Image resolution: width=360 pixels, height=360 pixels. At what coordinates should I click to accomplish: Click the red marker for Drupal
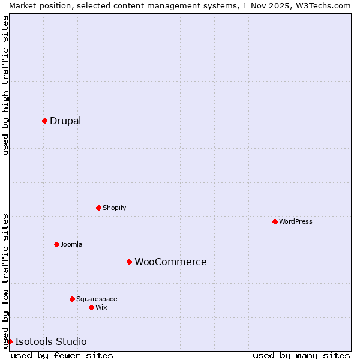pyautogui.click(x=44, y=121)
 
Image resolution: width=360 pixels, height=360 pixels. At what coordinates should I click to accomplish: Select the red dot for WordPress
pyautogui.click(x=275, y=221)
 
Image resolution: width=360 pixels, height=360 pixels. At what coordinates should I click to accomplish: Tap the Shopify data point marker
pyautogui.click(x=98, y=208)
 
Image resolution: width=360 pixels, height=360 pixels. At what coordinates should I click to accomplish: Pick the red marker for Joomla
pyautogui.click(x=56, y=244)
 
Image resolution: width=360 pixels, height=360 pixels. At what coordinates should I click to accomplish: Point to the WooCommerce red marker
pyautogui.click(x=129, y=262)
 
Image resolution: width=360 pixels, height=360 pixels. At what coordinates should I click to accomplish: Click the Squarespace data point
pyautogui.click(x=72, y=299)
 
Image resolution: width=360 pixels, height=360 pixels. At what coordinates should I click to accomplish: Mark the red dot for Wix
pyautogui.click(x=91, y=307)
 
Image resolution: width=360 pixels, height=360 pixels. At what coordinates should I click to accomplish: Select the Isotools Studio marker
pyautogui.click(x=10, y=341)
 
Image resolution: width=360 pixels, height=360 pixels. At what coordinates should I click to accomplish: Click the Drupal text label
pyautogui.click(x=65, y=121)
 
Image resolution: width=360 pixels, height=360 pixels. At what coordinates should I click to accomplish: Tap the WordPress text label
pyautogui.click(x=296, y=221)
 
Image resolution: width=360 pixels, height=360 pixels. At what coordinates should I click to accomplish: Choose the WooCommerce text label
pyautogui.click(x=170, y=262)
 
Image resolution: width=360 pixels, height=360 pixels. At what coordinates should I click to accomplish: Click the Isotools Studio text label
pyautogui.click(x=51, y=341)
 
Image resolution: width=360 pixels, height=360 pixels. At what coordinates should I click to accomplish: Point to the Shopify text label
pyautogui.click(x=114, y=208)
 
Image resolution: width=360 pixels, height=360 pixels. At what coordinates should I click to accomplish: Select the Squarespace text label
pyautogui.click(x=97, y=299)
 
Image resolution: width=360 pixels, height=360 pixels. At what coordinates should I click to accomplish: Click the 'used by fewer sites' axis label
pyautogui.click(x=62, y=355)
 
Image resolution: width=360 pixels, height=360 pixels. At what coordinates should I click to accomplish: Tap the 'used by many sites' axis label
pyautogui.click(x=301, y=355)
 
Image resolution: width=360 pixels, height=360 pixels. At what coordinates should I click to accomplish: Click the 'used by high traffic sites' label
pyautogui.click(x=6, y=85)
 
